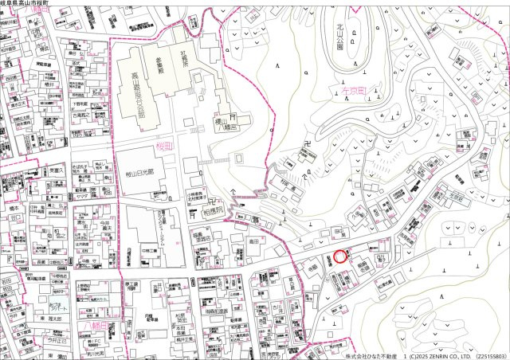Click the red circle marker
(x=340, y=256)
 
